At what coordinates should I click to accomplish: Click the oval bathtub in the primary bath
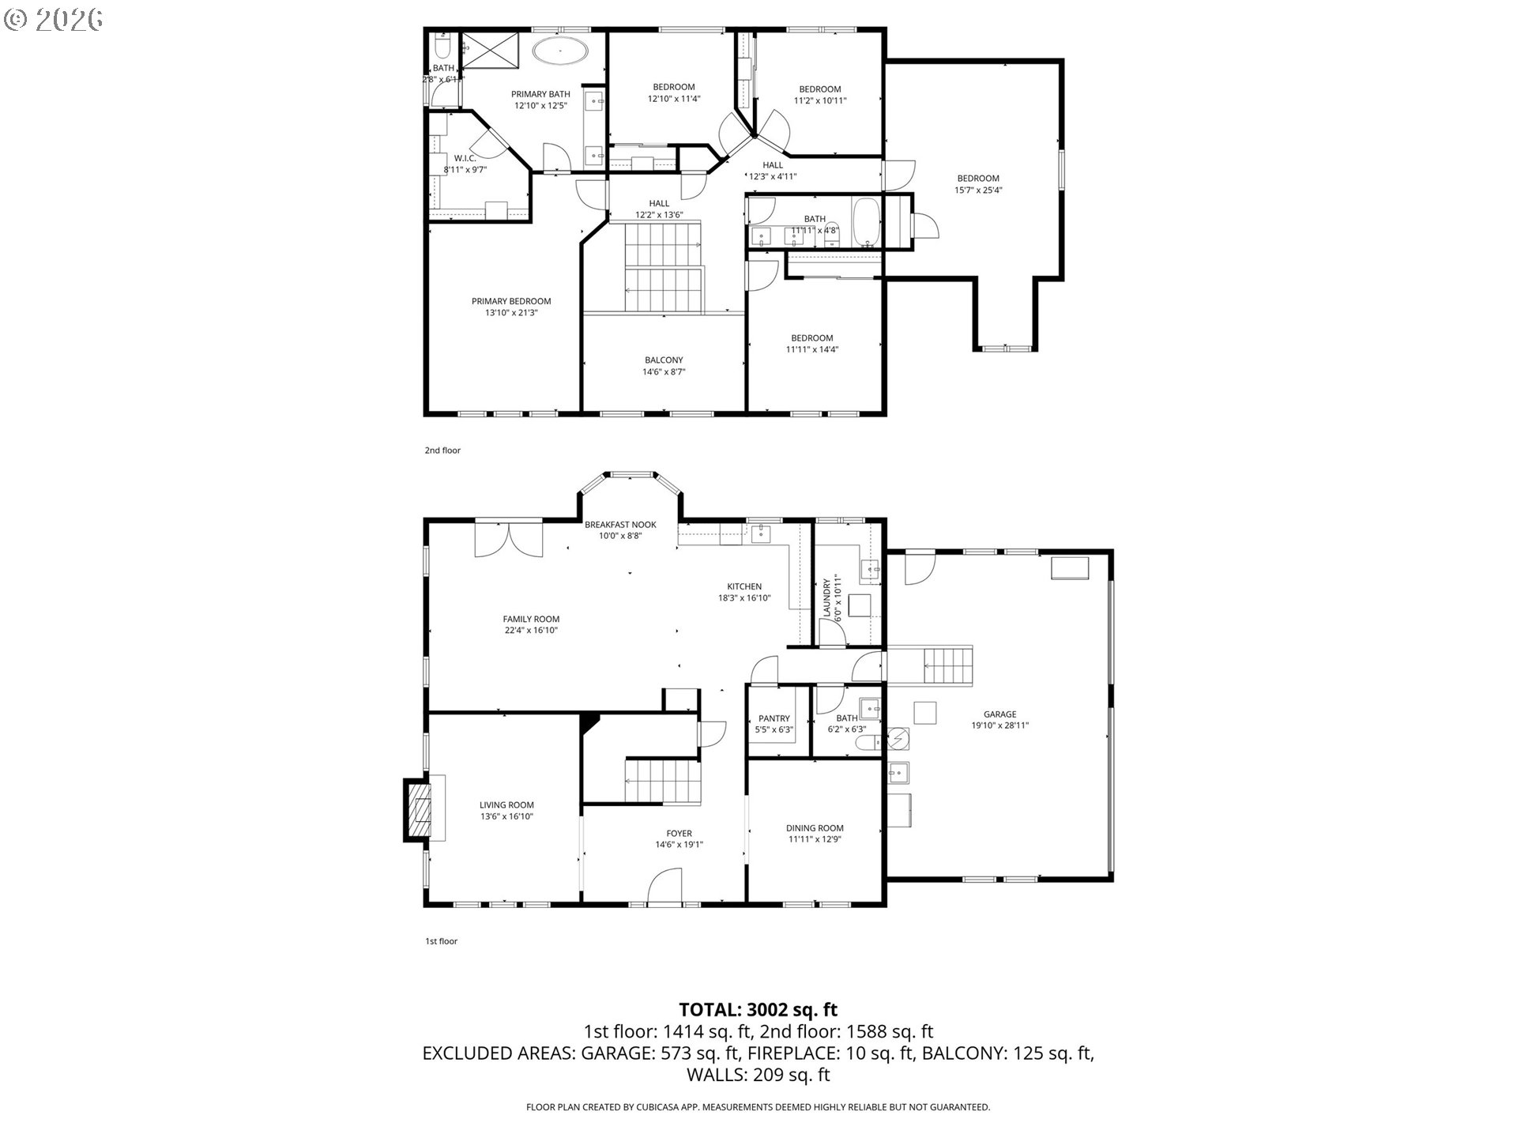point(560,51)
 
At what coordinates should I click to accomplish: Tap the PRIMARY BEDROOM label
point(511,301)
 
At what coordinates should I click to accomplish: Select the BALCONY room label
point(664,360)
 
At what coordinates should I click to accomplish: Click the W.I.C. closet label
point(465,158)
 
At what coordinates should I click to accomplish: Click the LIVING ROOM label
point(506,805)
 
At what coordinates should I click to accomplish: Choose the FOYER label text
point(679,833)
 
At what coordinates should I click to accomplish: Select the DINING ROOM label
point(815,828)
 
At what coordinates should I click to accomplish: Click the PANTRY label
point(774,718)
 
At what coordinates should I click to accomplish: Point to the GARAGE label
point(999,714)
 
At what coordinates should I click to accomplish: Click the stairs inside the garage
point(948,665)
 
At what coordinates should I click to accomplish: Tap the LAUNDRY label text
point(827,598)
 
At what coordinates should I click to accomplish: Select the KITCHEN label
point(744,586)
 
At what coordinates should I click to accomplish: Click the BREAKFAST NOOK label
point(620,525)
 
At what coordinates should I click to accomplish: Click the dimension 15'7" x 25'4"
point(978,190)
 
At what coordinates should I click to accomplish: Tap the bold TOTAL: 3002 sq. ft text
point(758,1009)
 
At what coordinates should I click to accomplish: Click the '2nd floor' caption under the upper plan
point(442,450)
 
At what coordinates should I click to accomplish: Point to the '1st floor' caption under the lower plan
point(442,941)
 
